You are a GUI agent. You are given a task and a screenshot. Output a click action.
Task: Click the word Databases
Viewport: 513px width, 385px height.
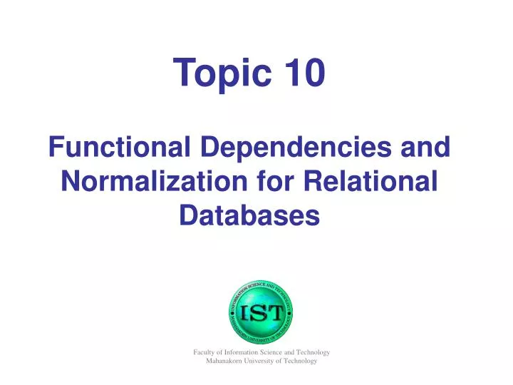click(x=249, y=214)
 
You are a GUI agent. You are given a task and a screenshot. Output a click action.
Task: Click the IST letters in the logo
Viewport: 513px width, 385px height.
click(x=261, y=312)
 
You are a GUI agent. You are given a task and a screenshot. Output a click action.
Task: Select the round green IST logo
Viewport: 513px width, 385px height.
click(x=261, y=312)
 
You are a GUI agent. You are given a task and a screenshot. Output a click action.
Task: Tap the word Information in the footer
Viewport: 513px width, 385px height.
click(x=242, y=352)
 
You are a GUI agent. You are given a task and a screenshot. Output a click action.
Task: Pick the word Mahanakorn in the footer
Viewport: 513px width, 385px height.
click(x=224, y=361)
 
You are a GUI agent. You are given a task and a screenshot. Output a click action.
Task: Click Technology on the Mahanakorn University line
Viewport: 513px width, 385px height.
click(x=301, y=361)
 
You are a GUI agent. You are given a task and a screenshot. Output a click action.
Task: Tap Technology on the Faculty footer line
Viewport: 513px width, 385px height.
click(x=313, y=352)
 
